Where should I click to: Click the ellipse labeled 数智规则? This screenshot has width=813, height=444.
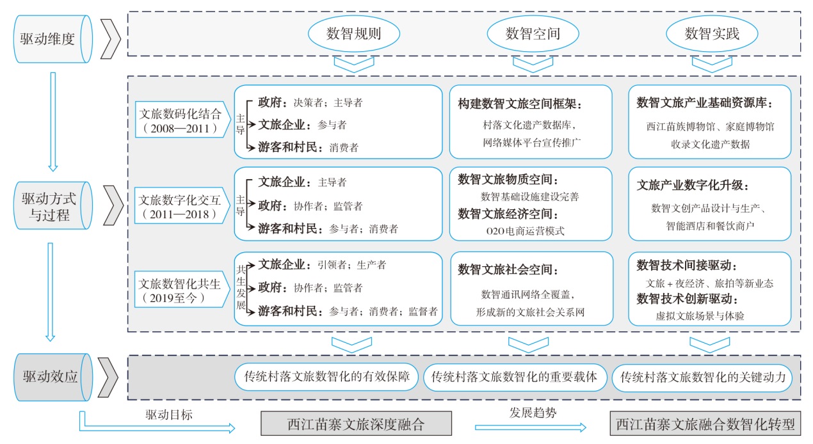(354, 34)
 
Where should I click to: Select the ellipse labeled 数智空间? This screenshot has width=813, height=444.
(533, 34)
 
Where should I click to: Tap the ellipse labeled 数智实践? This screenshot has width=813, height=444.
(712, 34)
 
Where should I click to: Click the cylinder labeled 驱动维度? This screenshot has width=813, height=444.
(53, 39)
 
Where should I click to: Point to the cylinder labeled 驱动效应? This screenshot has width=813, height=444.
(53, 377)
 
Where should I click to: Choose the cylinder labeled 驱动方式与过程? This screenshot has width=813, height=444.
(53, 205)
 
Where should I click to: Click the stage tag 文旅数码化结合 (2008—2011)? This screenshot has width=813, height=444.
(182, 120)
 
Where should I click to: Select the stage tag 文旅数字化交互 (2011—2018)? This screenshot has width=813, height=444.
(182, 205)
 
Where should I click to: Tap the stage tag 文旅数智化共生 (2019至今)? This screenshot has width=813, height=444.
(182, 289)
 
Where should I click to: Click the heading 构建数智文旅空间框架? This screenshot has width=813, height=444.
(520, 104)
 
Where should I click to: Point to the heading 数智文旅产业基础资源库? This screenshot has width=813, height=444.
(704, 102)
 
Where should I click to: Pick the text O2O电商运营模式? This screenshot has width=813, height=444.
(525, 231)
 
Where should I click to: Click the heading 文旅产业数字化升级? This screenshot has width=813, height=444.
(693, 186)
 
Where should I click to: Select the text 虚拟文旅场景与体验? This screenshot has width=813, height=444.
(700, 316)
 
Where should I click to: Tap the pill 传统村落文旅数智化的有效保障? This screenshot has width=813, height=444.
(326, 377)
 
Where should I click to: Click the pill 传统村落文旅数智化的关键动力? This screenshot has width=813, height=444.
(703, 378)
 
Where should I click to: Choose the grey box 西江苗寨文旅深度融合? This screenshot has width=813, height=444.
(357, 424)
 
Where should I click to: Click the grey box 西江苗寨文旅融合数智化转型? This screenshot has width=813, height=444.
(705, 424)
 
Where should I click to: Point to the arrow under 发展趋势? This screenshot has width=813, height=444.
(531, 427)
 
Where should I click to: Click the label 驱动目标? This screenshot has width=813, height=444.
(169, 415)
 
